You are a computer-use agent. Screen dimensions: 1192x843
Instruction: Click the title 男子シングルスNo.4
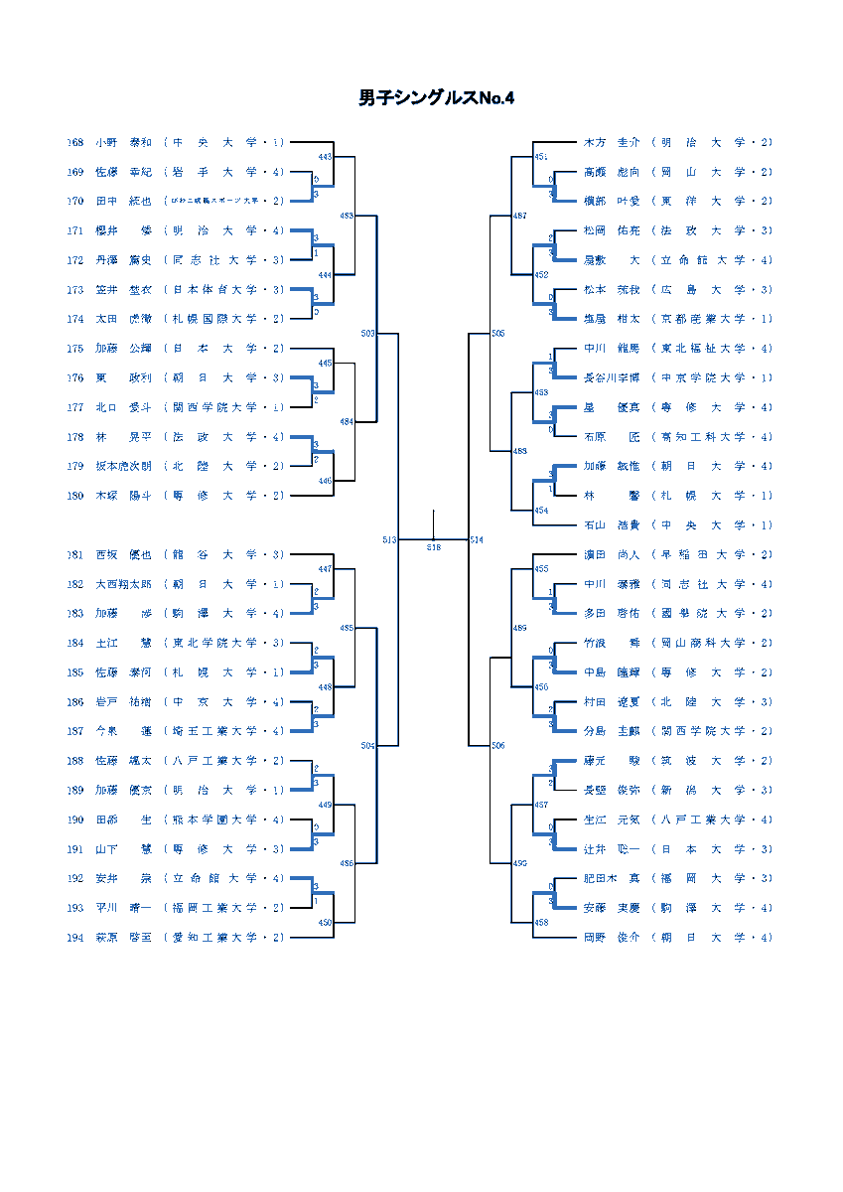[437, 98]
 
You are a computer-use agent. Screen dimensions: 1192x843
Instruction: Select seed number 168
[75, 143]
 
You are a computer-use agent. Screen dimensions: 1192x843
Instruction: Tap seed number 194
[75, 938]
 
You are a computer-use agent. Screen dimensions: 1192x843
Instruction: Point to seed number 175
[75, 349]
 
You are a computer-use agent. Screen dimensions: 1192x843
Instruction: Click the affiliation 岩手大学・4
[224, 172]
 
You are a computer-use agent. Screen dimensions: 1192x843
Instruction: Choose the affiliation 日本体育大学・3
[224, 290]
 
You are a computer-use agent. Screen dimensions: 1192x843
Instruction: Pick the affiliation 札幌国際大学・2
[224, 319]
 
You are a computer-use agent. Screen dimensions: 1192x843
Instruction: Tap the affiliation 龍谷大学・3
[224, 555]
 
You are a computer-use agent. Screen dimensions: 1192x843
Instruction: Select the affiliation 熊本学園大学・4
[224, 819]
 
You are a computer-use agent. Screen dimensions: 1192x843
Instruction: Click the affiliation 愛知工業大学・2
[224, 938]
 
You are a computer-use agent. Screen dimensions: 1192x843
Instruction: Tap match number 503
[368, 334]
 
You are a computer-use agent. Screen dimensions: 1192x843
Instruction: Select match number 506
[498, 745]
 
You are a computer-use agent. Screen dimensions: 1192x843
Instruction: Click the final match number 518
[434, 547]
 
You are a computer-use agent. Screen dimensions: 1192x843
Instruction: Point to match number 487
[520, 216]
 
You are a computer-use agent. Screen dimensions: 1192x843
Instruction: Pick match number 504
[368, 745]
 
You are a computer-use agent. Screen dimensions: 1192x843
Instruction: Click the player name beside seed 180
[123, 496]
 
